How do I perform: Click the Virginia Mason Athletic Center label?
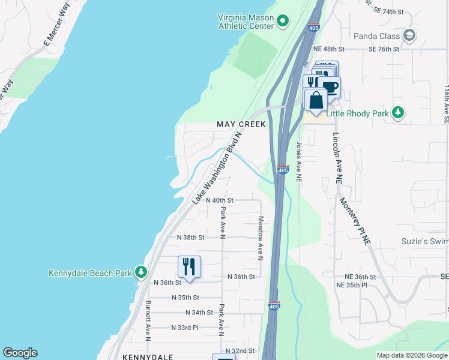pos(246,22)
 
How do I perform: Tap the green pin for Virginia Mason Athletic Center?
pos(283,22)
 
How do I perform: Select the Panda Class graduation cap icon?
pos(410,35)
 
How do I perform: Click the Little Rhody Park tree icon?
pos(397,113)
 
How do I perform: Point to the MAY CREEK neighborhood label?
pos(241,124)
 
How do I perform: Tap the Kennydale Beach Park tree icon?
pos(141,272)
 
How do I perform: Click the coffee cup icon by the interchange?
pos(329,87)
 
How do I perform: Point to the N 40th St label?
pos(219,200)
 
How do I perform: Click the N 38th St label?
pos(191,238)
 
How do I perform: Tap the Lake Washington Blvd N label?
pos(217,169)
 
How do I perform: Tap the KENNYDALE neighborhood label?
pos(148,356)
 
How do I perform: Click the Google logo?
pos(20,353)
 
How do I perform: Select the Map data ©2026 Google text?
pos(411,355)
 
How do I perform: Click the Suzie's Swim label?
pos(425,242)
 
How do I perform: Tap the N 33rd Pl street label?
pos(184,328)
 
